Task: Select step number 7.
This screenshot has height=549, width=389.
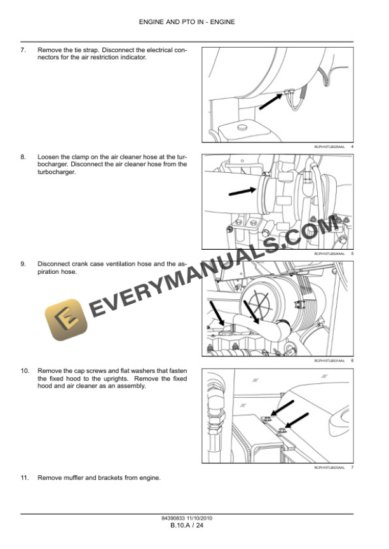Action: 24,50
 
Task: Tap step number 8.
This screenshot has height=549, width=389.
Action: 24,156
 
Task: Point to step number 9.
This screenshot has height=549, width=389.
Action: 24,264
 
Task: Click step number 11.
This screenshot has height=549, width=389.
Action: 25,477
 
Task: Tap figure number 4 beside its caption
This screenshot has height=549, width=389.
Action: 351,147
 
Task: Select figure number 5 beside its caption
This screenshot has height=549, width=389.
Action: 351,254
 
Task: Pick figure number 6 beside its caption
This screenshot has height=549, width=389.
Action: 351,361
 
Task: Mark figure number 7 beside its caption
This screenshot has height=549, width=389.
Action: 351,468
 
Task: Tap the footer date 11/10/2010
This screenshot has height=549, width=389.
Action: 199,518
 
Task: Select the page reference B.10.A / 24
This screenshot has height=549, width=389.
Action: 186,525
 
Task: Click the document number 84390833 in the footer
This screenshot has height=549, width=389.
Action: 174,518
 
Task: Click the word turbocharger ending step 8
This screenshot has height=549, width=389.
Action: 56,172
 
